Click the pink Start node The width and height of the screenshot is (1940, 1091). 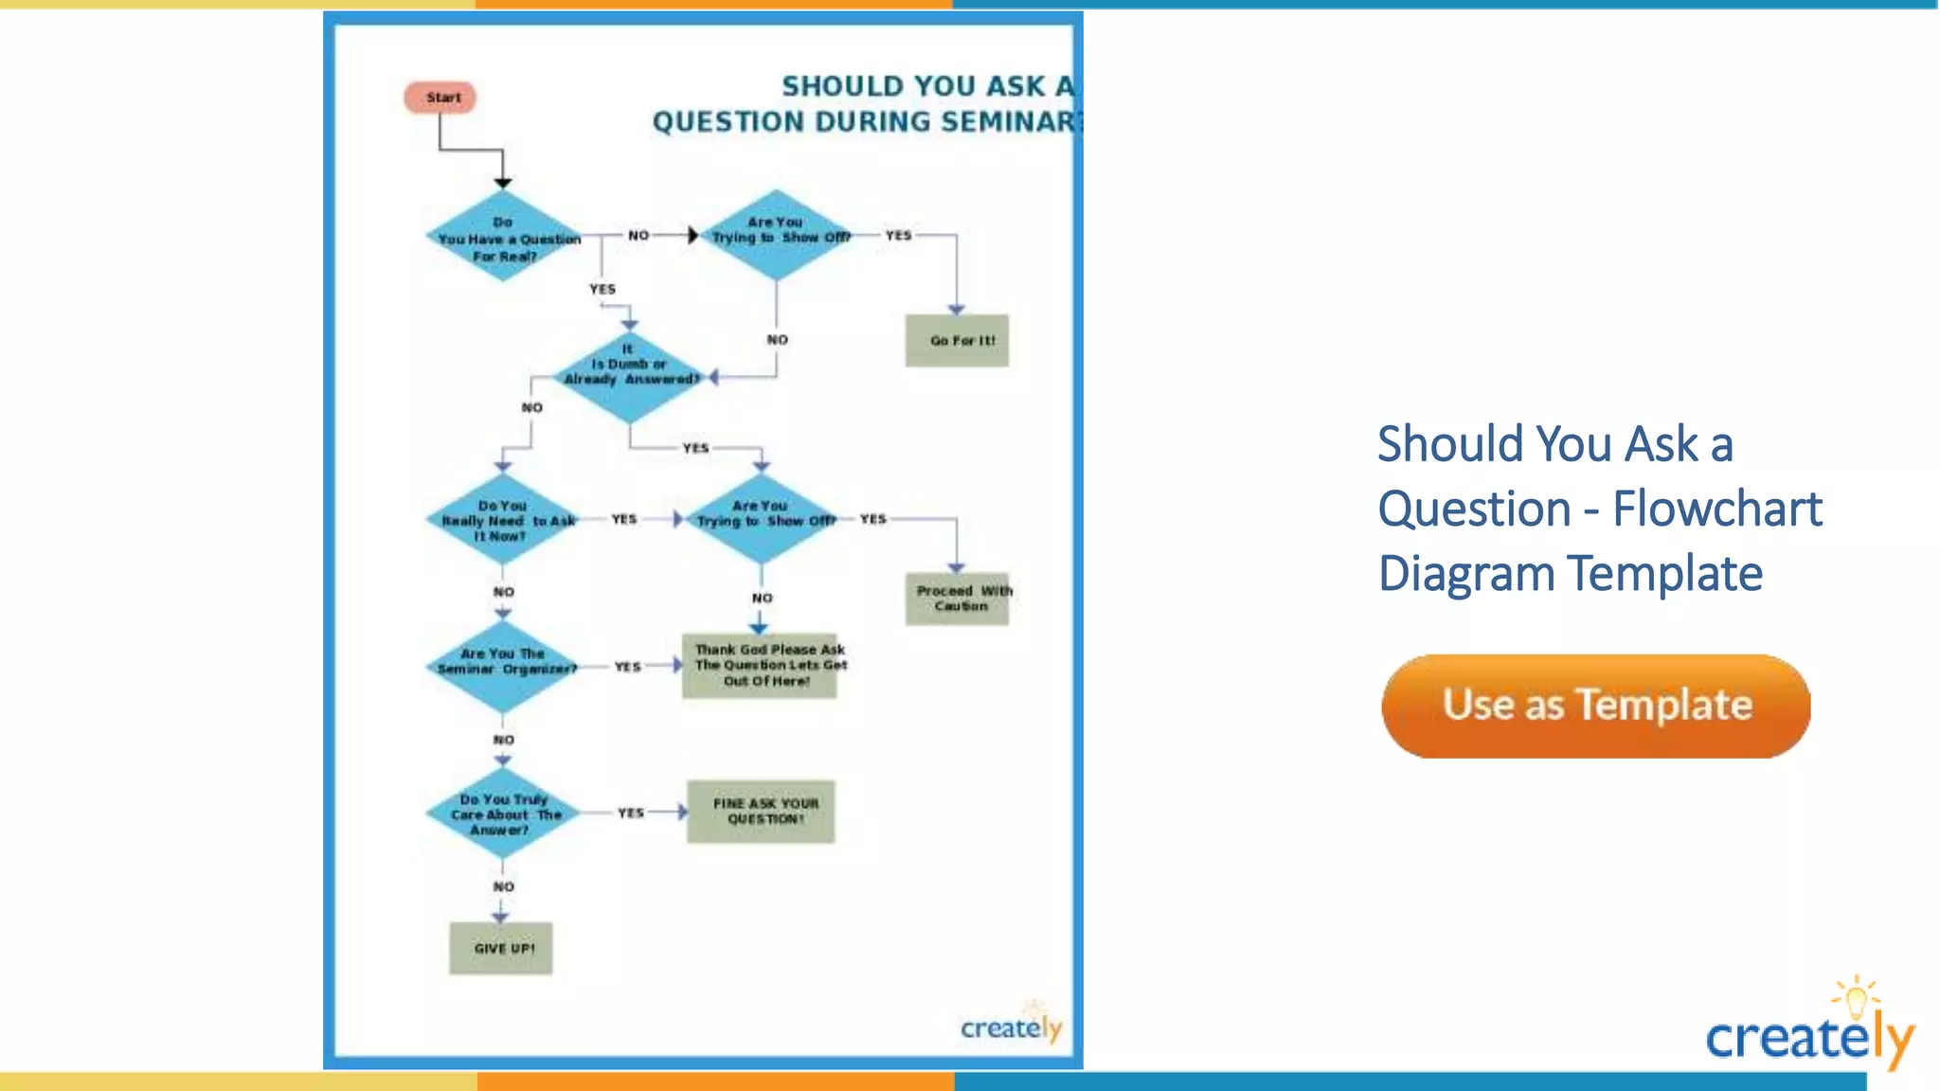click(x=440, y=98)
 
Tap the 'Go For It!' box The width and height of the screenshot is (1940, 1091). click(x=957, y=341)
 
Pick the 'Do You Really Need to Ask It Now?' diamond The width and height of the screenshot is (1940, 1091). click(x=503, y=520)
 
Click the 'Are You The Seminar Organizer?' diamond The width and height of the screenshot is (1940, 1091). click(x=503, y=667)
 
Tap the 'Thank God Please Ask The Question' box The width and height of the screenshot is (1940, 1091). click(x=760, y=666)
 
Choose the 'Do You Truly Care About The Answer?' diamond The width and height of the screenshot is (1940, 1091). click(x=503, y=814)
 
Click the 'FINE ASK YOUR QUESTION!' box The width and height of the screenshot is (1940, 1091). click(x=762, y=812)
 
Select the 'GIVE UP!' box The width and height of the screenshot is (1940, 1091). click(x=501, y=948)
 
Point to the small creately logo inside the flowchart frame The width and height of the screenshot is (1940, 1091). click(x=1011, y=1027)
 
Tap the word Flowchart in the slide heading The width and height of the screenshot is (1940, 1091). click(x=1716, y=509)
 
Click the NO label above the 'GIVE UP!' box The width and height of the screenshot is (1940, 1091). click(x=504, y=887)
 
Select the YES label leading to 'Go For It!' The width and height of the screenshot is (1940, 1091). click(x=898, y=236)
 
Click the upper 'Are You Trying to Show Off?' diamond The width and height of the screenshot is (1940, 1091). click(x=777, y=235)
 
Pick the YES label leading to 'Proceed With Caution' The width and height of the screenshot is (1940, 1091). click(x=872, y=519)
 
